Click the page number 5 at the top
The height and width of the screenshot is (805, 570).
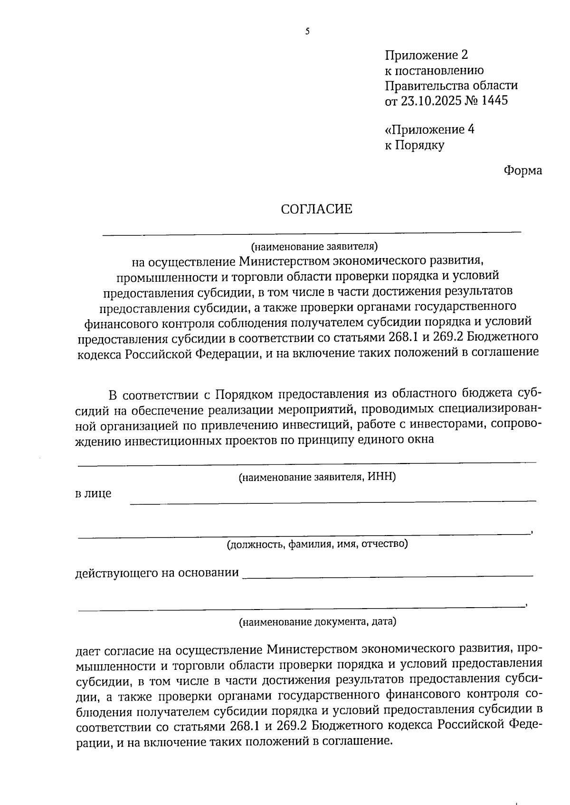307,32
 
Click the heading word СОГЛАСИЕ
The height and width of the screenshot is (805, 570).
316,209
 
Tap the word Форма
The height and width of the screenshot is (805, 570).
522,170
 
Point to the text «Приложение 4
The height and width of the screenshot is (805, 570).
429,130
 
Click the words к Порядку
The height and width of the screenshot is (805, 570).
414,145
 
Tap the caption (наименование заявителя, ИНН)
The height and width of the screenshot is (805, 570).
317,477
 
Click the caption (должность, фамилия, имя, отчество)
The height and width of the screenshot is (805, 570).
317,544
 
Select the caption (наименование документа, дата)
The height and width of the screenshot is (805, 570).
317,621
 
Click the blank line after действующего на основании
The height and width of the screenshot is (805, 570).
387,575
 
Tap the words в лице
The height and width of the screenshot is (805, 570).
94,493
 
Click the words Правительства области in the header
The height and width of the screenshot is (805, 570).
451,86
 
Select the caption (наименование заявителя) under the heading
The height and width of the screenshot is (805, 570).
314,246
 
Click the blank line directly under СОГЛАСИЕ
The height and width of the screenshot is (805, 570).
312,231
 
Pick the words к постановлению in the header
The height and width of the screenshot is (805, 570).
434,71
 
